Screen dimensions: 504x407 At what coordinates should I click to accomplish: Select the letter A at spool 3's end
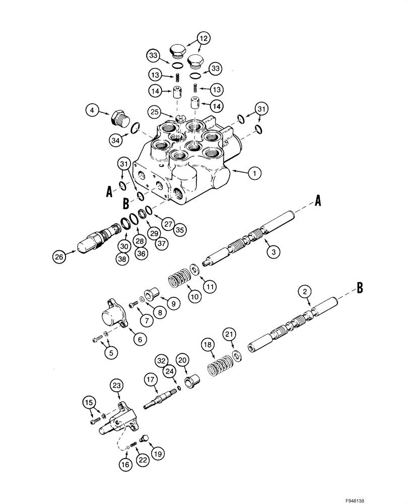coord(318,201)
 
